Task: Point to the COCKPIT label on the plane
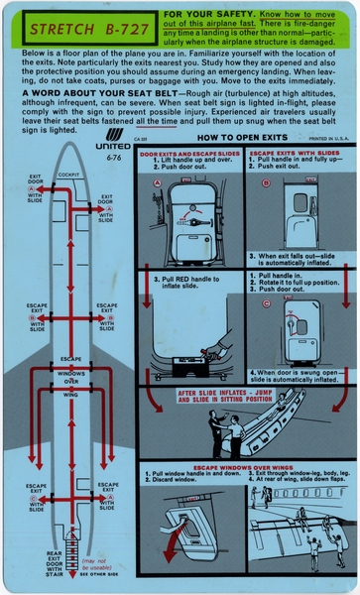coord(68,175)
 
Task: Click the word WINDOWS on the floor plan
coord(71,372)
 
